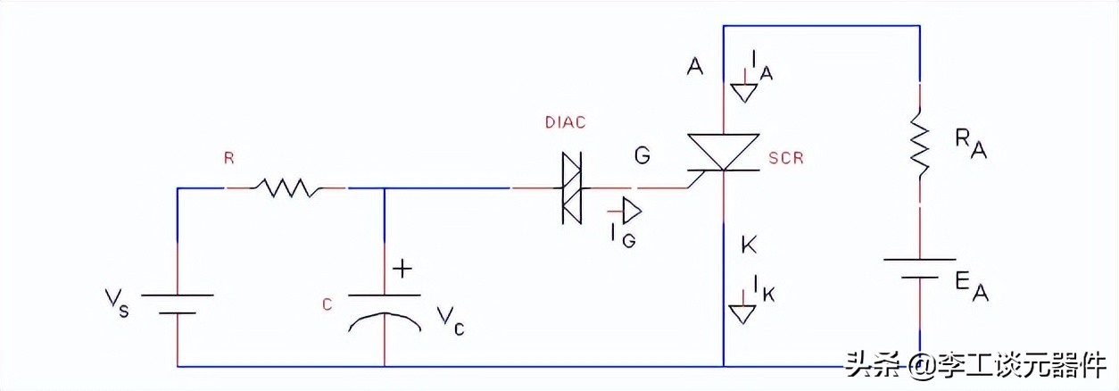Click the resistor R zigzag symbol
point(286,187)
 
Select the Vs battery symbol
point(178,304)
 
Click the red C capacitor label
point(327,305)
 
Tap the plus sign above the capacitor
point(404,268)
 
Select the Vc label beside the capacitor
point(449,319)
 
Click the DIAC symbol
point(568,187)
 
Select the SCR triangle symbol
point(723,152)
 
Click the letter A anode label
point(694,65)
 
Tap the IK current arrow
point(741,313)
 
